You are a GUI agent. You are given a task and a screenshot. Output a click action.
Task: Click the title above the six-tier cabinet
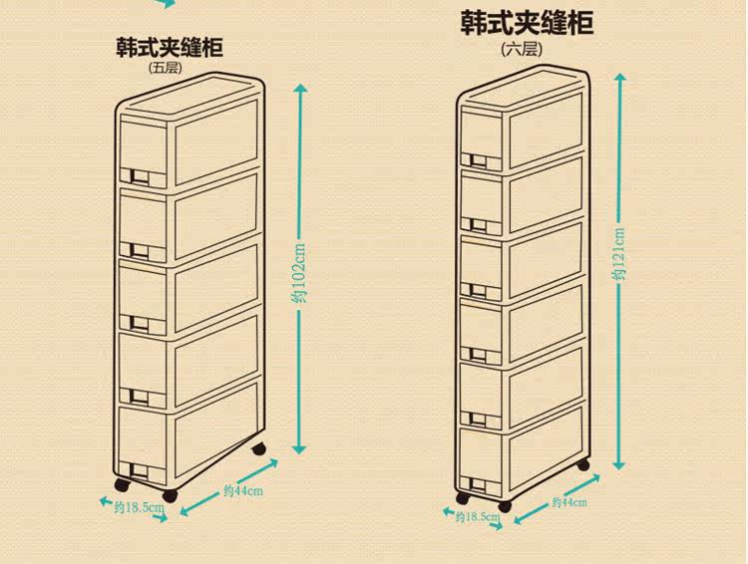527,23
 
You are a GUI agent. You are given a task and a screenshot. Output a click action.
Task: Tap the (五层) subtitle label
164,68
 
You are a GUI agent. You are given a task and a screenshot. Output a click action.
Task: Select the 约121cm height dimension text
620,255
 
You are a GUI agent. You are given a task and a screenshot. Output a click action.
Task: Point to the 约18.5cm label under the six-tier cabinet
477,517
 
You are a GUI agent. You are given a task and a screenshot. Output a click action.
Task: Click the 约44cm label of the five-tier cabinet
242,490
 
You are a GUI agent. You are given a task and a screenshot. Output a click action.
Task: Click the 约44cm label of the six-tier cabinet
567,501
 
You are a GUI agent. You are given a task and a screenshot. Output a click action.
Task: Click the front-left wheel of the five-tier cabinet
121,489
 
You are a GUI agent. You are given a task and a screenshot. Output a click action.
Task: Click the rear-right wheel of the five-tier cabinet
262,450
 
